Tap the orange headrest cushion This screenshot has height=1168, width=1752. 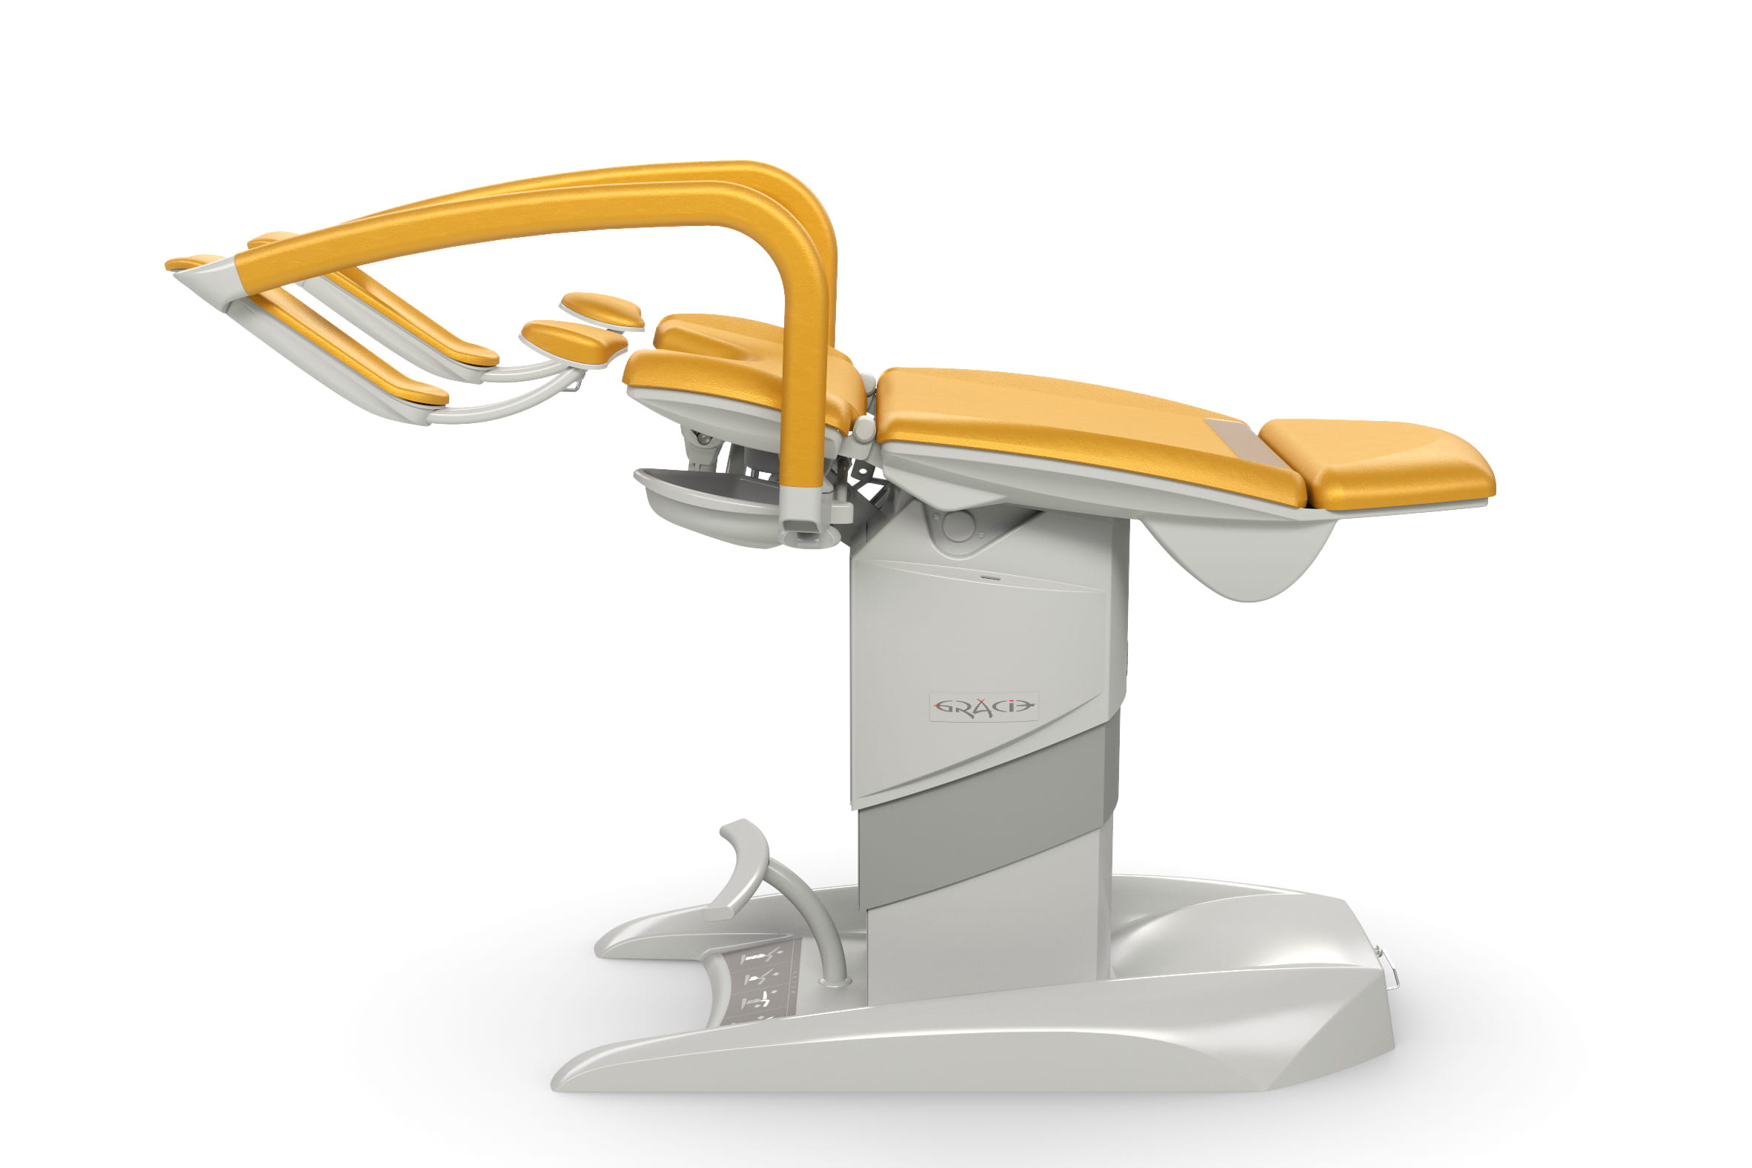point(1378,462)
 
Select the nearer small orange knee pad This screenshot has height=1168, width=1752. point(574,339)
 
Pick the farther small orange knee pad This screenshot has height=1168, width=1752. point(602,310)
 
